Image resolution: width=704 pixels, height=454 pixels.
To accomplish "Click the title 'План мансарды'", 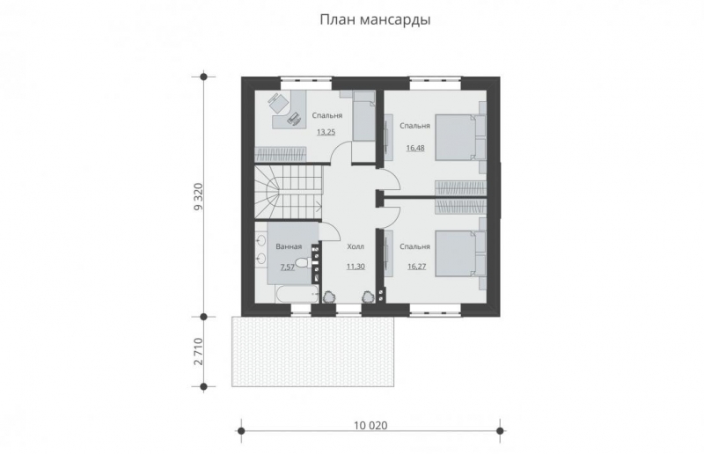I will (374, 18).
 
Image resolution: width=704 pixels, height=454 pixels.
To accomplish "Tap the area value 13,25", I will (326, 132).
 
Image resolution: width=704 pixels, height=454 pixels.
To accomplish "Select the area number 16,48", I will (414, 148).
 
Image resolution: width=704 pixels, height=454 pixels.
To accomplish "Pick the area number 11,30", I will (356, 265).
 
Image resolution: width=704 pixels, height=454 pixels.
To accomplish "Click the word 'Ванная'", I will (289, 247).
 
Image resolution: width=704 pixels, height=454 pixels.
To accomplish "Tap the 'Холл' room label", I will (356, 248).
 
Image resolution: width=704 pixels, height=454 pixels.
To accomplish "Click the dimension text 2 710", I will (199, 352).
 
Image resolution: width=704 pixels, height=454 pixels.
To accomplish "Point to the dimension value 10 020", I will (370, 425).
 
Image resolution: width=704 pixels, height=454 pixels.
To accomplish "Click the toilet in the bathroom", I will (301, 266).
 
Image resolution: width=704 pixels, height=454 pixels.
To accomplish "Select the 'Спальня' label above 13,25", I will (326, 115).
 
